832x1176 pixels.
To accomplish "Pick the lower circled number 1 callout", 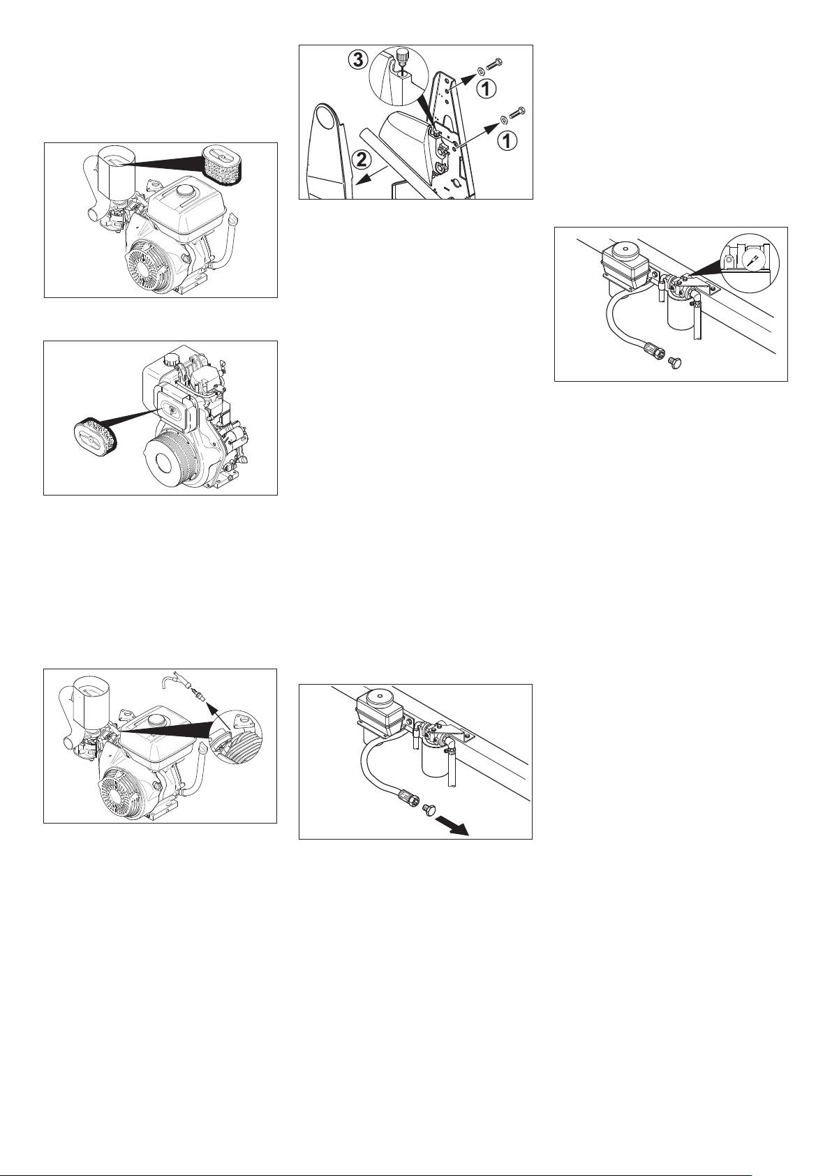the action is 507,140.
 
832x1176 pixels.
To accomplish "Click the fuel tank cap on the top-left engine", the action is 185,188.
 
